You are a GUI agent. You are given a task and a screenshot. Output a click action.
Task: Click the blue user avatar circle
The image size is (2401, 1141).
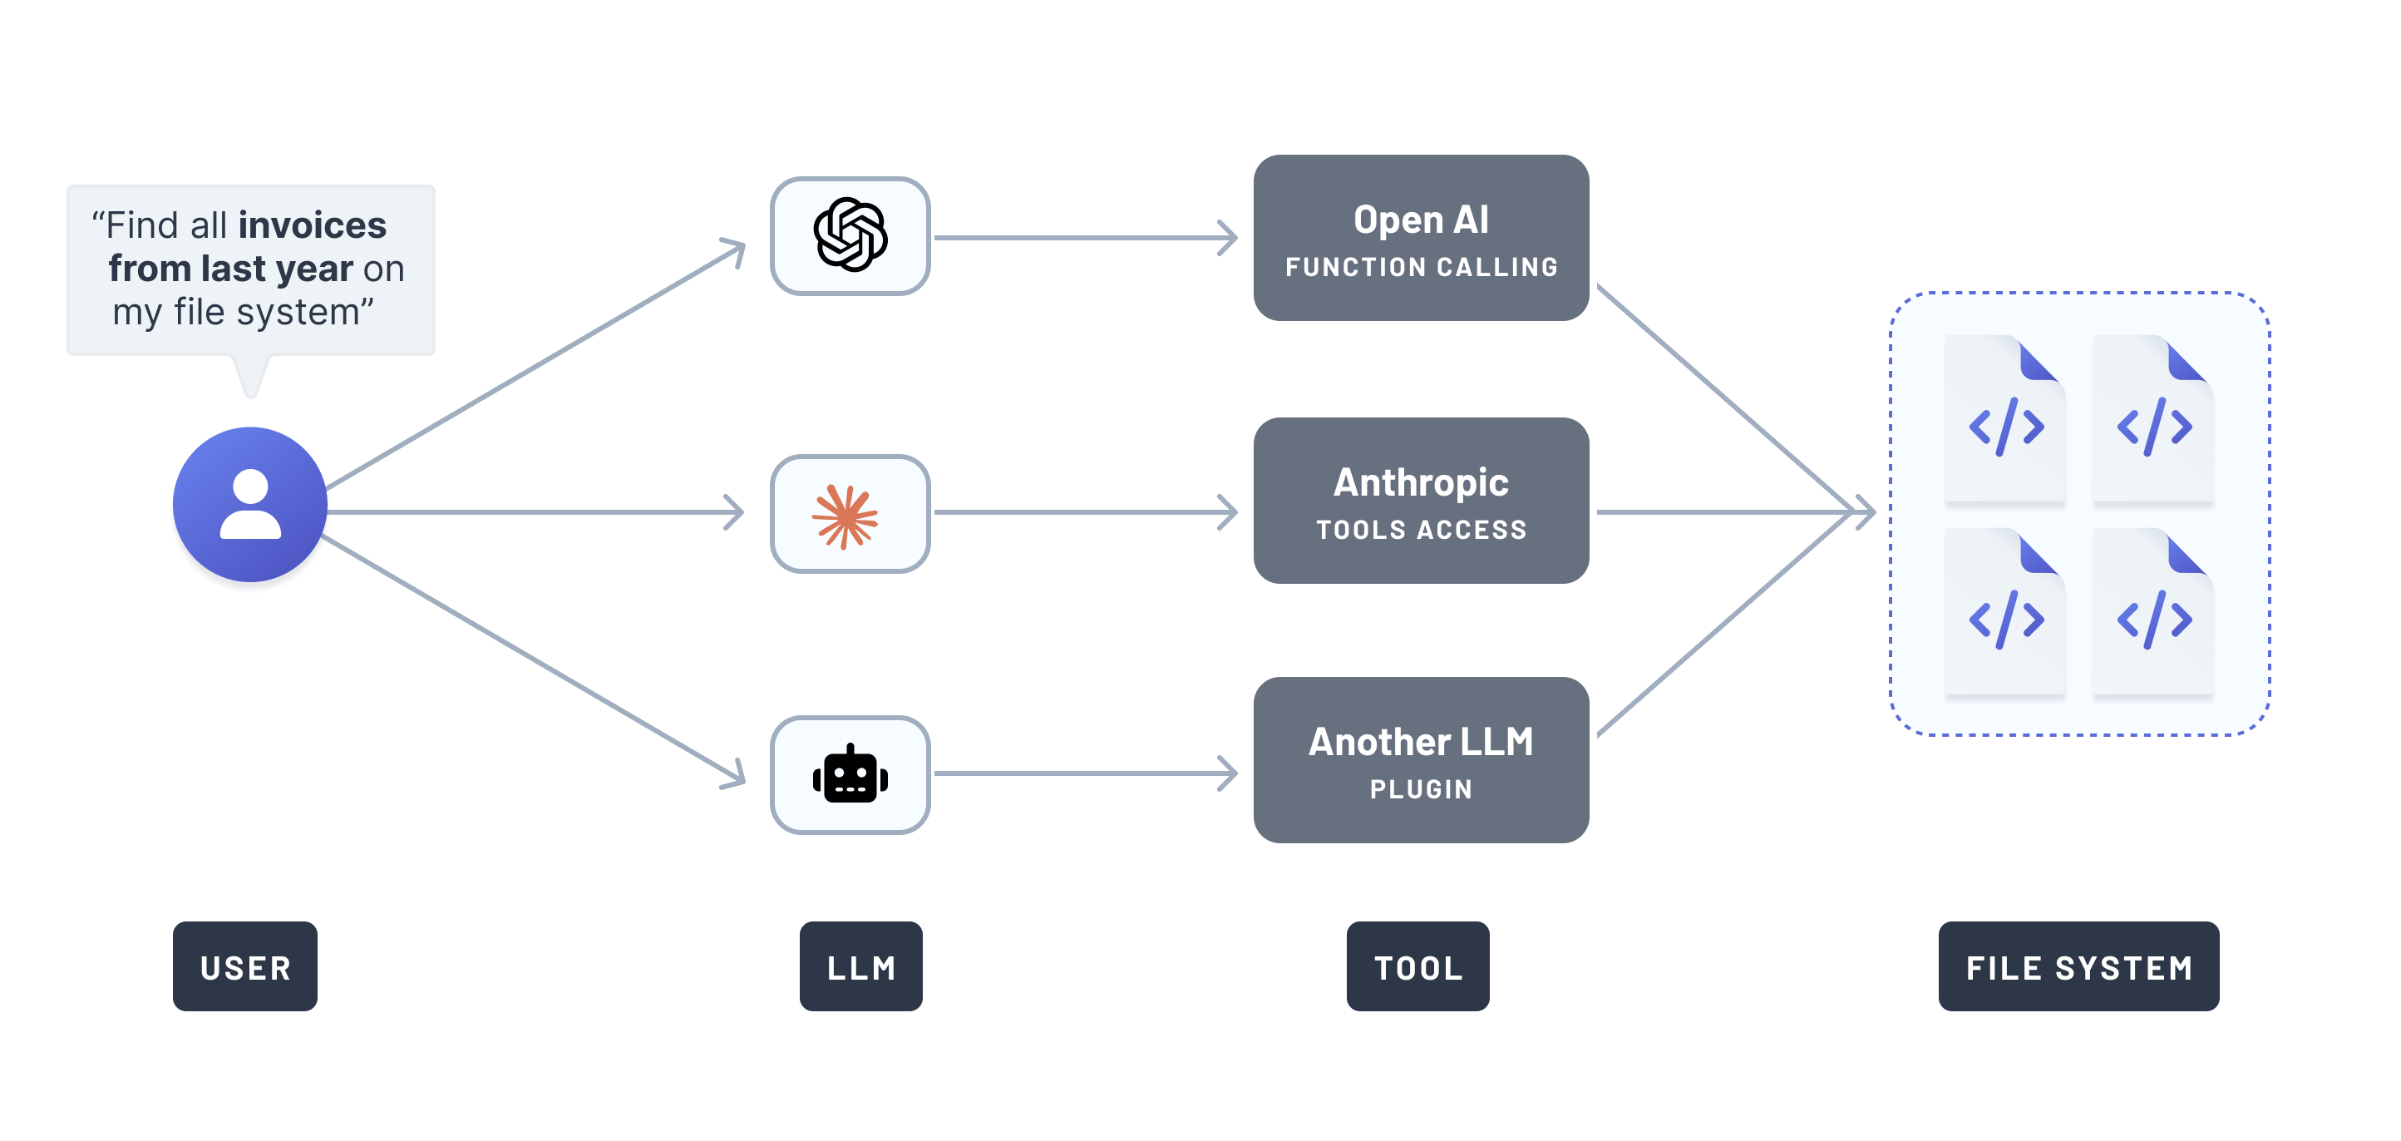(249, 504)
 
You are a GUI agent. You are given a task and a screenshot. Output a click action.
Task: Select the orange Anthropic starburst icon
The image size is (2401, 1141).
(846, 516)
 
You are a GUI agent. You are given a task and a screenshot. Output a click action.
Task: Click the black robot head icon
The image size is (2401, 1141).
(850, 774)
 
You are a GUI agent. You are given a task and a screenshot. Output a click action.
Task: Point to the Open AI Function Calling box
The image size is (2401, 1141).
(1421, 238)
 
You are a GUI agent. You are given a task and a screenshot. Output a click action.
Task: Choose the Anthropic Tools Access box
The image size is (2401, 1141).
(1421, 501)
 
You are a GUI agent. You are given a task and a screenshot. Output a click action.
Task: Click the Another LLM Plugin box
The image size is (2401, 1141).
(1421, 760)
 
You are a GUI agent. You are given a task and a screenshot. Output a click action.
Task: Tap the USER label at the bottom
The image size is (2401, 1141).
(245, 966)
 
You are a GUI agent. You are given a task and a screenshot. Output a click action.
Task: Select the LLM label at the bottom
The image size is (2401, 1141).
(860, 966)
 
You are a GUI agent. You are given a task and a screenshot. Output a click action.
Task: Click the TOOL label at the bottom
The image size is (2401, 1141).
(1417, 966)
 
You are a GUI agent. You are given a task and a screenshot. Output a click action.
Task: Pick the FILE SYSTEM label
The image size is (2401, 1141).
(2078, 966)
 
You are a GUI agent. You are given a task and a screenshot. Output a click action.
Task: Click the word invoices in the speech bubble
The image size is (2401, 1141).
(313, 225)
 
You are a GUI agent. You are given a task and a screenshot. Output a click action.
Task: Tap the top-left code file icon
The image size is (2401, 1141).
(2006, 419)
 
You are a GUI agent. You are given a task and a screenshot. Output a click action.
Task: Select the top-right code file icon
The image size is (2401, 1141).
(2153, 419)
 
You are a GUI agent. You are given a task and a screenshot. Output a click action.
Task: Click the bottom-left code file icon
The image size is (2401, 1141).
(2006, 612)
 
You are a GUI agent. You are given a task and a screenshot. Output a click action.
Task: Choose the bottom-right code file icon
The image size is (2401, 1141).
(2153, 612)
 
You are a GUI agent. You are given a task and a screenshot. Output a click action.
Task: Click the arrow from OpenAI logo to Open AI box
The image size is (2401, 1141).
(1086, 238)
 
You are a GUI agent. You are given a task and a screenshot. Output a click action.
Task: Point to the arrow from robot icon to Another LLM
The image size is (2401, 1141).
(1086, 773)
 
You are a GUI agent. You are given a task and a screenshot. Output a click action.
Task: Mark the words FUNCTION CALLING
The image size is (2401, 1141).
(1422, 268)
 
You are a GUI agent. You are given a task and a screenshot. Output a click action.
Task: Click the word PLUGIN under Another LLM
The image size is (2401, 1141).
(1422, 789)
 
